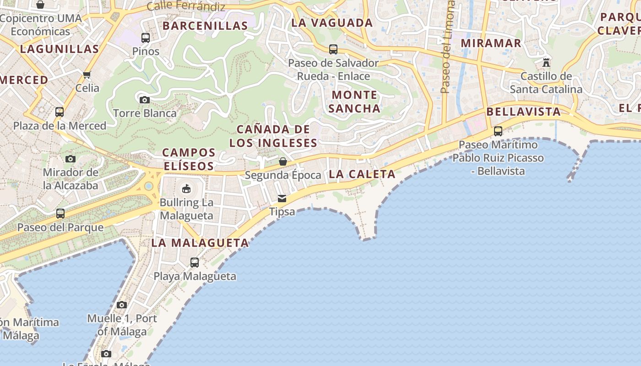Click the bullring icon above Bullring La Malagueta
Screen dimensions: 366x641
pos(186,188)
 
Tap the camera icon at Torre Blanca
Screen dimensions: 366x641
pos(144,100)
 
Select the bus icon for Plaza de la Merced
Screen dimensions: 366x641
pos(59,112)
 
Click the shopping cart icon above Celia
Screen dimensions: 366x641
pos(87,74)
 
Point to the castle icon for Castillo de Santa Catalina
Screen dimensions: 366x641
pos(546,62)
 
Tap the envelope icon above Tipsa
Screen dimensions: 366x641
pos(282,198)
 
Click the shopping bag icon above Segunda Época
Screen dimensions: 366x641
pos(283,161)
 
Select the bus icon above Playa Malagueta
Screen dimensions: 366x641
pos(195,262)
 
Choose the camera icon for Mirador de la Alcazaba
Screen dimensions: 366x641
pos(70,159)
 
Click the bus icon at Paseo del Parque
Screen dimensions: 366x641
pos(60,213)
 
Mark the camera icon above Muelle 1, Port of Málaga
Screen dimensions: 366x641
pos(121,305)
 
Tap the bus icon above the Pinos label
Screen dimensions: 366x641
pos(146,38)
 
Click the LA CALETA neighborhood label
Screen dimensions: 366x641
pos(362,174)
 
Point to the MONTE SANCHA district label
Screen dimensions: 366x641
pos(354,102)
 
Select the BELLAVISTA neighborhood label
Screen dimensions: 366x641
pos(523,112)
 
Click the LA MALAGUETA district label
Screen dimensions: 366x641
pos(200,243)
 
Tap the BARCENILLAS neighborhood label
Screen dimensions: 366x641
pos(205,26)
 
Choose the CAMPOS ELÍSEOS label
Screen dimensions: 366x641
pos(189,159)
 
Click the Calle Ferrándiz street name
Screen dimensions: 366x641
pos(186,6)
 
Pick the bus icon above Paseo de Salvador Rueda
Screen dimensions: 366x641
pos(333,49)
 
